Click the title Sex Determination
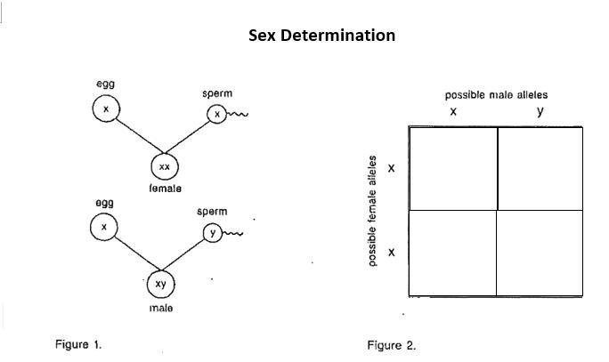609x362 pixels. [321, 36]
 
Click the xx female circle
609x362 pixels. [164, 167]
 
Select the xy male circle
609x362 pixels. [160, 284]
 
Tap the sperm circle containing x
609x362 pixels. [216, 114]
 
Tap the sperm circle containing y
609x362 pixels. [211, 233]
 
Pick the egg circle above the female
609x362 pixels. [105, 109]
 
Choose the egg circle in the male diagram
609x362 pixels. [104, 228]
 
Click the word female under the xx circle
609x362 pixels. [165, 189]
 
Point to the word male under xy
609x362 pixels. [161, 308]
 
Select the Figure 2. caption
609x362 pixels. [391, 345]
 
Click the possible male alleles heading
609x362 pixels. [496, 94]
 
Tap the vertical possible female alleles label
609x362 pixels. [371, 211]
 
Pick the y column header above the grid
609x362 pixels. [540, 112]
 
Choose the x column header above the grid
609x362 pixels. [453, 112]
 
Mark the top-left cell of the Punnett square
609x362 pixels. [452, 168]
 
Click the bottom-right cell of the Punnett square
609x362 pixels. [539, 253]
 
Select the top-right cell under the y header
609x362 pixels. [539, 168]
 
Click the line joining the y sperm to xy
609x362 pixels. [188, 256]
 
